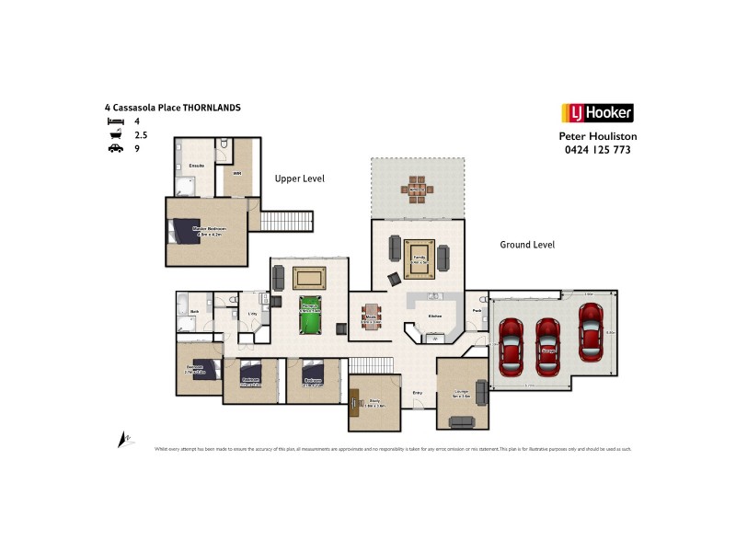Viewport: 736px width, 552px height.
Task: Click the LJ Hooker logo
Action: pos(596,113)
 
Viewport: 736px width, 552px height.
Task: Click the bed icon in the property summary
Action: pos(115,121)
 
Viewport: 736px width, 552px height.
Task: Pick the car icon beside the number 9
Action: pos(115,147)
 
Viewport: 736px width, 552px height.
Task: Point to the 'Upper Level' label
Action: pos(299,178)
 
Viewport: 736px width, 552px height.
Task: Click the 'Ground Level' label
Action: pos(527,245)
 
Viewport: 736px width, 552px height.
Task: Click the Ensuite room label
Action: pos(196,166)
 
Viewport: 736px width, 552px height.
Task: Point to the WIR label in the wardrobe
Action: pos(236,172)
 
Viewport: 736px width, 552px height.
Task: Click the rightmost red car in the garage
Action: pos(591,327)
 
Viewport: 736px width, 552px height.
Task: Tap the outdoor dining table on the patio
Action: pos(416,189)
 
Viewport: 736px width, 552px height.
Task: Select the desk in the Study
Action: pos(355,401)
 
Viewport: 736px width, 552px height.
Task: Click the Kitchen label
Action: pos(435,316)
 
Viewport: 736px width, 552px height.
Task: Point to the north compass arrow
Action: pos(121,440)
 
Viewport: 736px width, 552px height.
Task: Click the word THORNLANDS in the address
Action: pos(212,108)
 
